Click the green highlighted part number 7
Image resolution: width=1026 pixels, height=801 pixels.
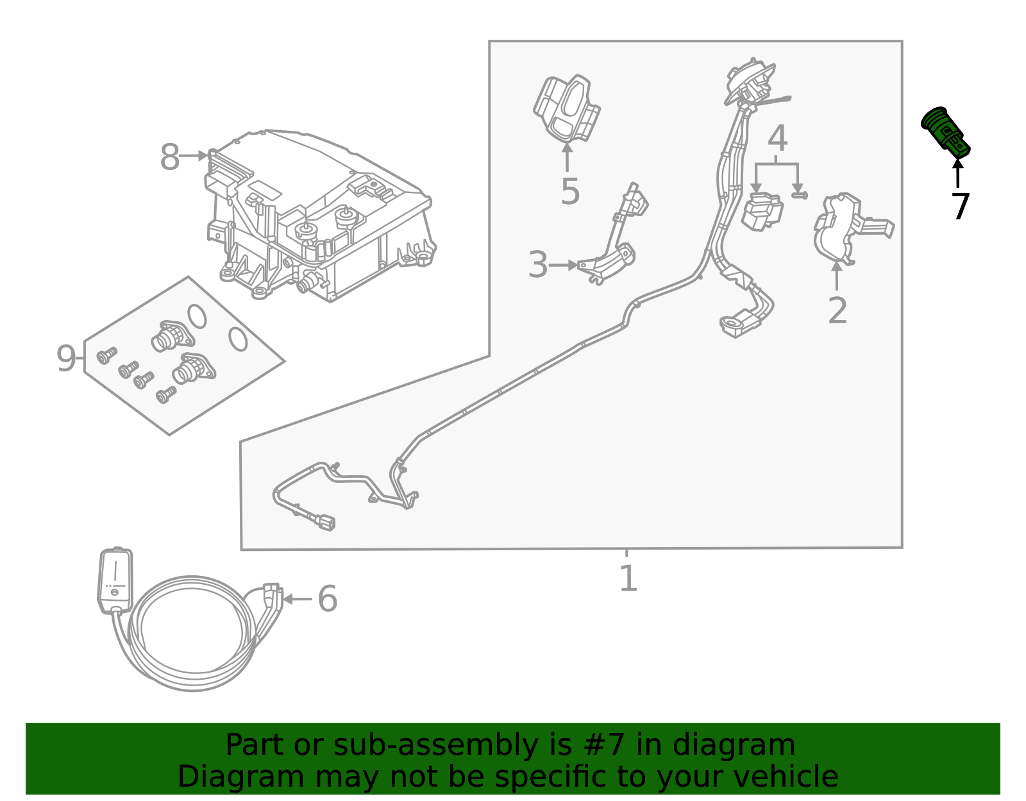click(945, 131)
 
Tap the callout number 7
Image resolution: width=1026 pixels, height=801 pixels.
click(960, 207)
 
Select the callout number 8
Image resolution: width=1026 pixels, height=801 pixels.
click(169, 157)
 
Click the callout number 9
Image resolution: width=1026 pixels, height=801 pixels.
click(66, 358)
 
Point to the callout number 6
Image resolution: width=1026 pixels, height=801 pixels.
click(327, 599)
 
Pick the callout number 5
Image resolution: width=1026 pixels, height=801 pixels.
click(569, 191)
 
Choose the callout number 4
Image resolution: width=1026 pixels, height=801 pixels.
click(777, 139)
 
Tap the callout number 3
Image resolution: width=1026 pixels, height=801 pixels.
click(537, 265)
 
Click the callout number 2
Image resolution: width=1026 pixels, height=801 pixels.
click(837, 310)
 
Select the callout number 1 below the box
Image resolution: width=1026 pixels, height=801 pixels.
click(628, 578)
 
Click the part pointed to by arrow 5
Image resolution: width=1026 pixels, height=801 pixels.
click(566, 109)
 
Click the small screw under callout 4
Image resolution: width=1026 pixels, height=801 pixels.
click(799, 194)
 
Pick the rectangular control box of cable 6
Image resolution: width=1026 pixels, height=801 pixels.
click(115, 579)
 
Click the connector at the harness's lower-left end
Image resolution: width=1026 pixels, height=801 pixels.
click(324, 522)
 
